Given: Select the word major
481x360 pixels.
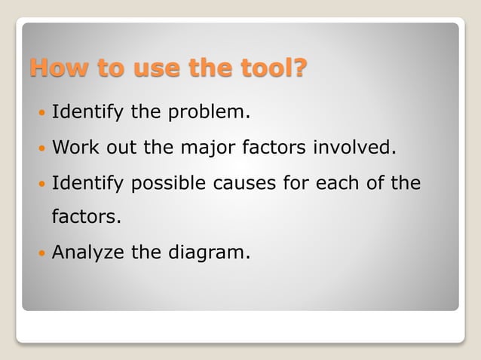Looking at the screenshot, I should tap(207, 148).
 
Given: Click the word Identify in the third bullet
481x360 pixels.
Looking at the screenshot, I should tap(87, 183).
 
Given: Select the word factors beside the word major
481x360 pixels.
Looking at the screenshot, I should tap(274, 148).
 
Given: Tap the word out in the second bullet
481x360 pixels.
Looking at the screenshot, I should tap(122, 148).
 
